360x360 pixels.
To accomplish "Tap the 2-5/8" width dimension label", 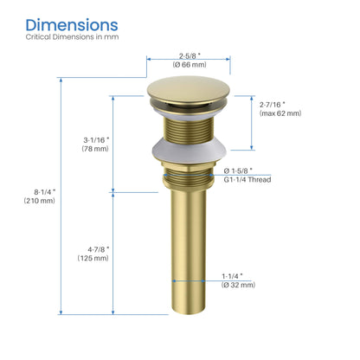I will [x=188, y=54].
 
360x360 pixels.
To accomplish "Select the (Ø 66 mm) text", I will [x=188, y=64].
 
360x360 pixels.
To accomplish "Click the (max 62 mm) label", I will [x=280, y=113].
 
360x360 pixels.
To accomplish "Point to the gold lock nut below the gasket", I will [x=189, y=181].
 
